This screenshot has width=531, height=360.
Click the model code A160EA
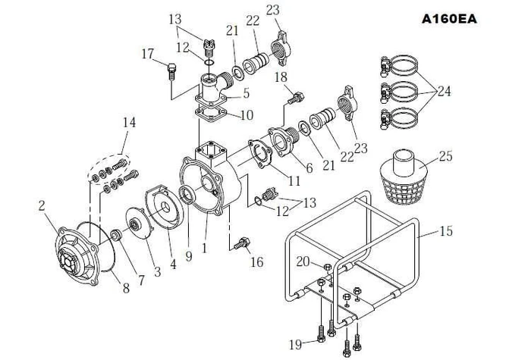pos(449,19)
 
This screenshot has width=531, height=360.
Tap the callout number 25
pos(446,156)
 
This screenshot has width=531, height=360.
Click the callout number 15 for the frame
pos(446,231)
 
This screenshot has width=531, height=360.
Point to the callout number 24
pos(445,91)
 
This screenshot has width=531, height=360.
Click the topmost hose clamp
pos(399,65)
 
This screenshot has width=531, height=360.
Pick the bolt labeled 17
pos(171,71)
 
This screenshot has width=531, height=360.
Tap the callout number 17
pos(148,54)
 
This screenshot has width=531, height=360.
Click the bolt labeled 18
pos(296,98)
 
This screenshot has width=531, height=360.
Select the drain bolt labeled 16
pos(242,243)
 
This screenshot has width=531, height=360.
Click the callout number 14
pos(129,122)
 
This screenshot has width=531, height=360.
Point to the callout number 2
pos(42,205)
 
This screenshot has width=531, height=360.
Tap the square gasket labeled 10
pos(211,114)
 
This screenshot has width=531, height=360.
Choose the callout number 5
pos(246,93)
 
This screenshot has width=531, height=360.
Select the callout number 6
pos(309,168)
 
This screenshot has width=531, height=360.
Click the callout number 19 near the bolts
pos(295,344)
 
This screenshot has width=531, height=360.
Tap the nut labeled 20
pos(328,267)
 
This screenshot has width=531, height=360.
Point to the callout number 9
pos(189,256)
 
